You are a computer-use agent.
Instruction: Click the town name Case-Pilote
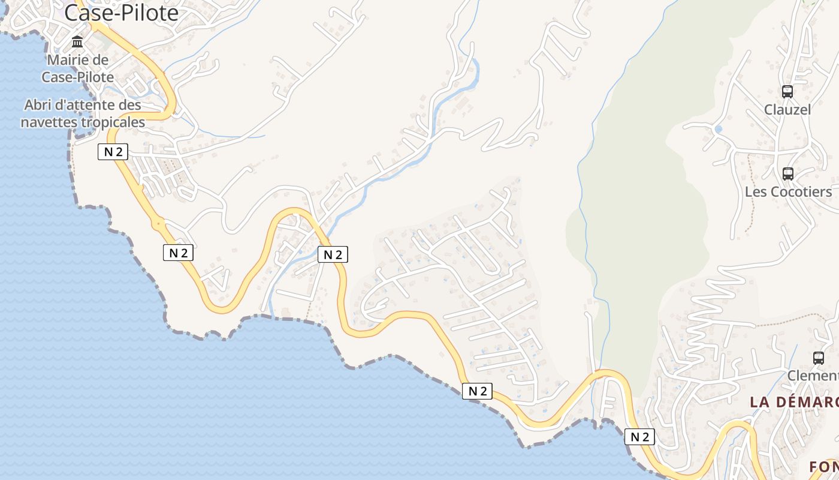[x=122, y=13]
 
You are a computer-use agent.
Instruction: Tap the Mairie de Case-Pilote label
[x=78, y=68]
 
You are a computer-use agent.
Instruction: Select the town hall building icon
[x=77, y=42]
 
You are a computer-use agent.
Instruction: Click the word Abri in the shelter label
[x=37, y=105]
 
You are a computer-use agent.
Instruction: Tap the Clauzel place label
[x=787, y=110]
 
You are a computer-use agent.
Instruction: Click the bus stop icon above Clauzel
[x=787, y=92]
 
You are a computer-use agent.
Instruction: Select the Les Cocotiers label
[x=788, y=192]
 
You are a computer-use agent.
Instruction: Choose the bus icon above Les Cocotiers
[x=788, y=174]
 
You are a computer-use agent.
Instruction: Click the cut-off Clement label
[x=813, y=376]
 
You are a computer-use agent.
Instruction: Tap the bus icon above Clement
[x=819, y=358]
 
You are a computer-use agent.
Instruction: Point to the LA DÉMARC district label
[x=794, y=402]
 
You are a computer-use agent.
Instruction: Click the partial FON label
[x=823, y=467]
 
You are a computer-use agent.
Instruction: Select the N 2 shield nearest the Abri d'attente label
[x=113, y=152]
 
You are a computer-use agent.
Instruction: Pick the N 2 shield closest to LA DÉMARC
[x=639, y=437]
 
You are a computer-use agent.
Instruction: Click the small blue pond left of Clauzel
[x=719, y=129]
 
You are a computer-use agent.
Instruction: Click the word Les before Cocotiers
[x=755, y=192]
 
